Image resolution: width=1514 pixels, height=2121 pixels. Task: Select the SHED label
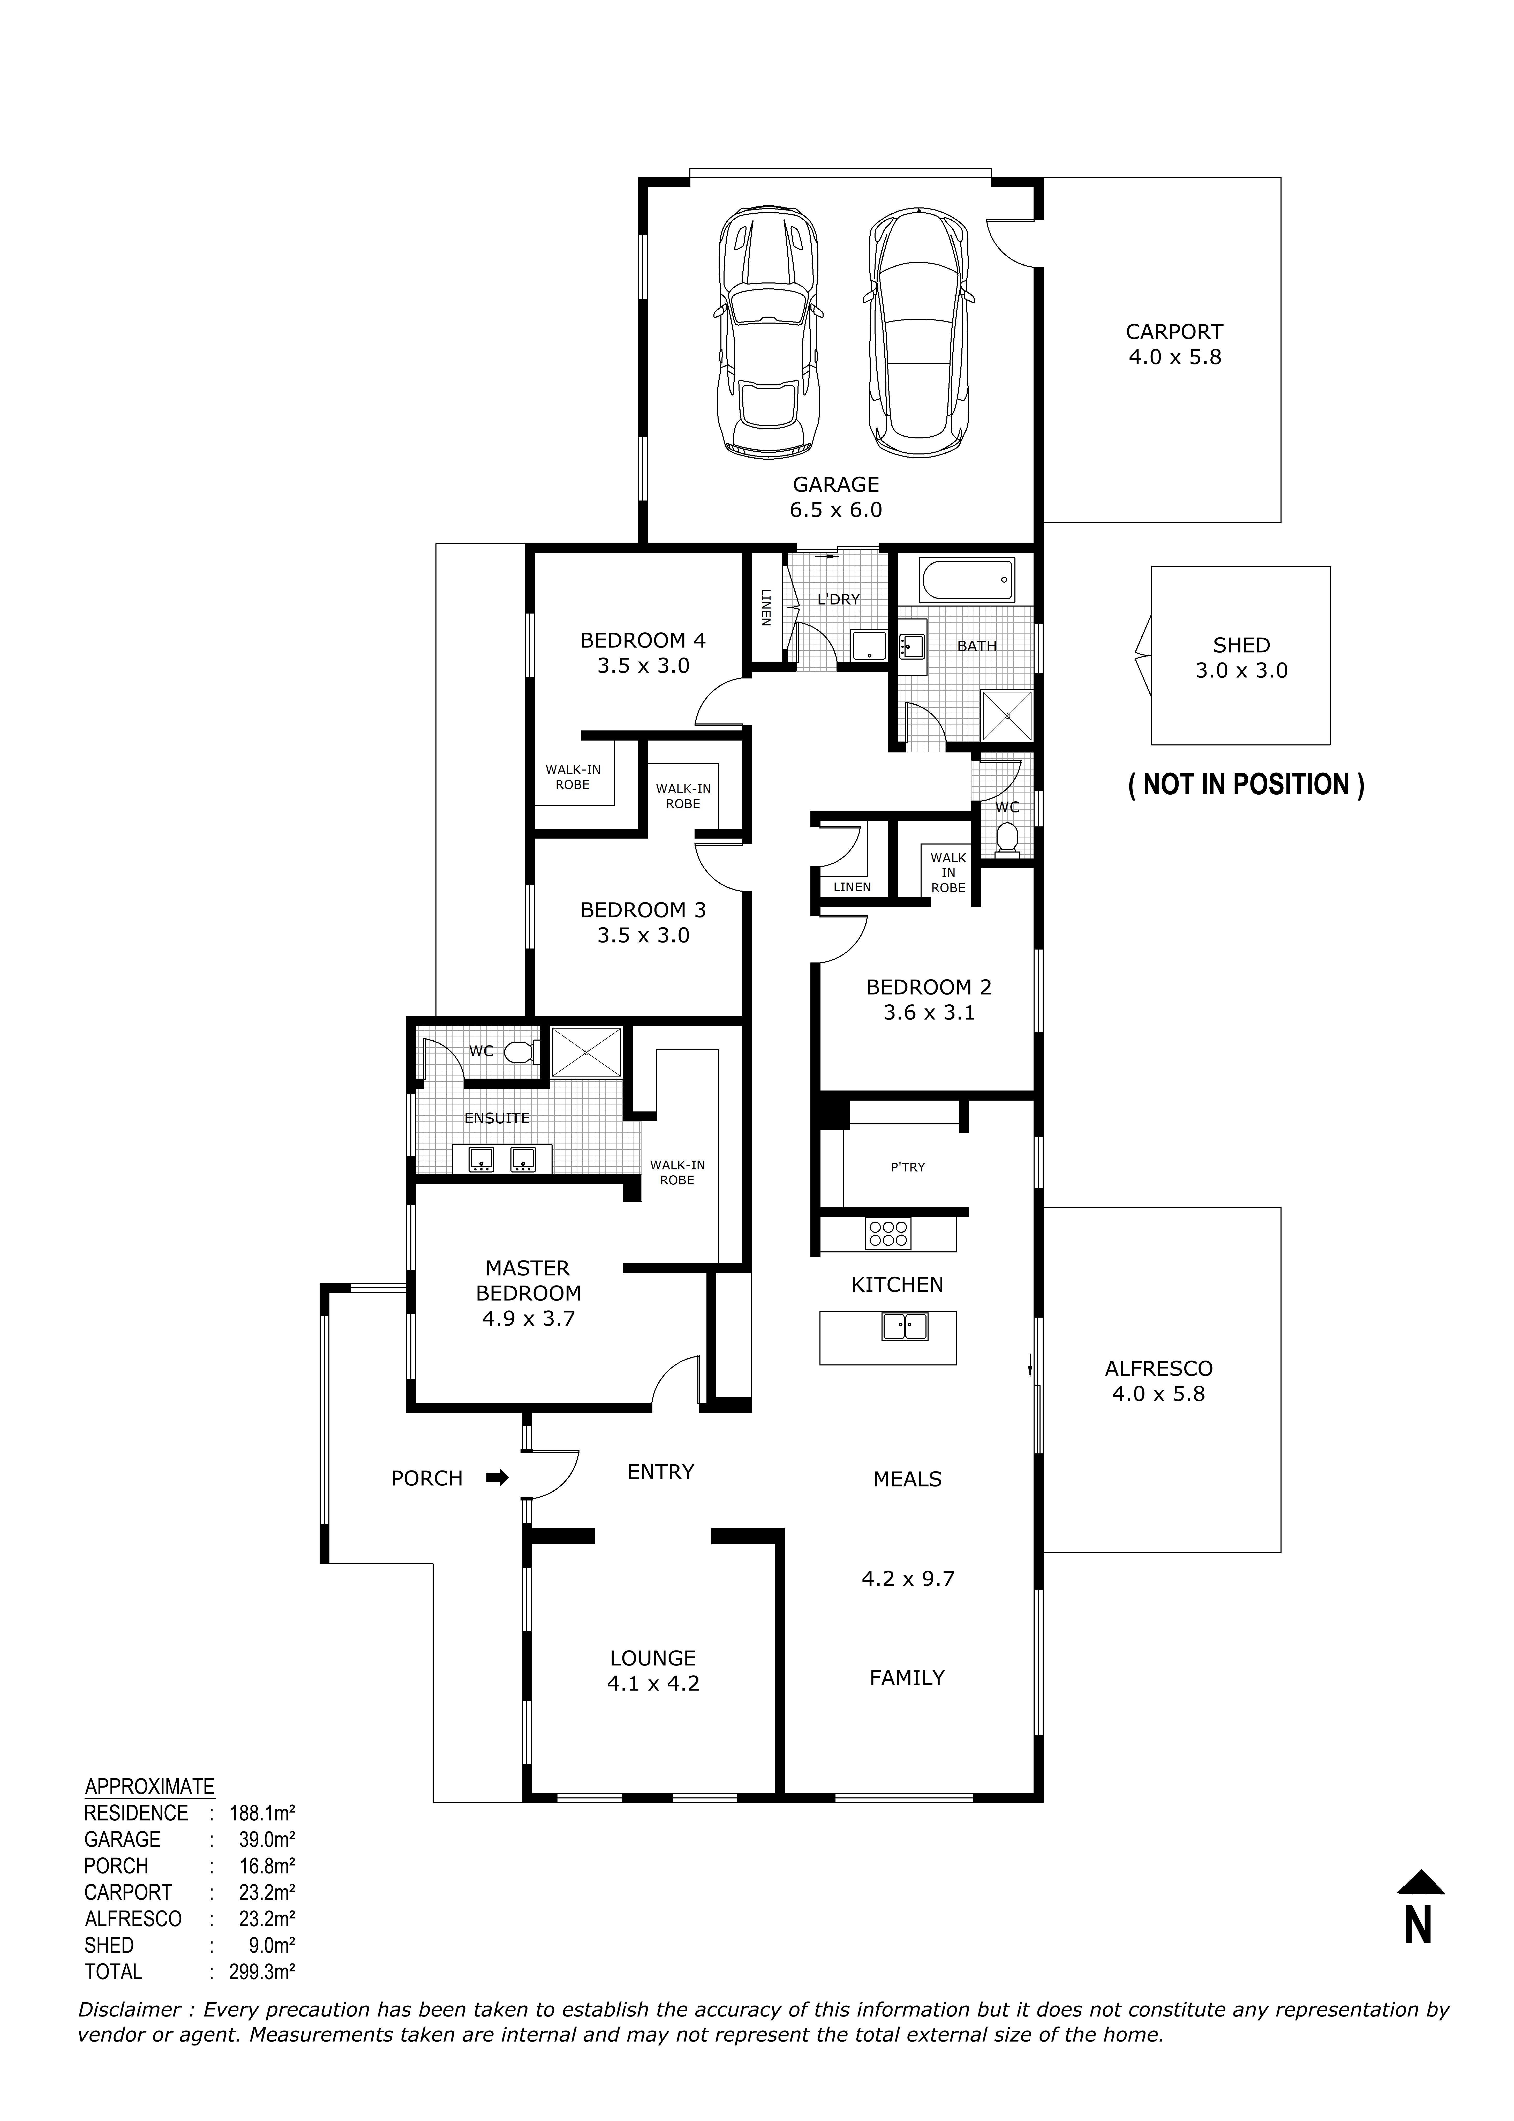pos(1241,645)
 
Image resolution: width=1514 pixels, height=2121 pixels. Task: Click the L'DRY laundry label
pos(838,600)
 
